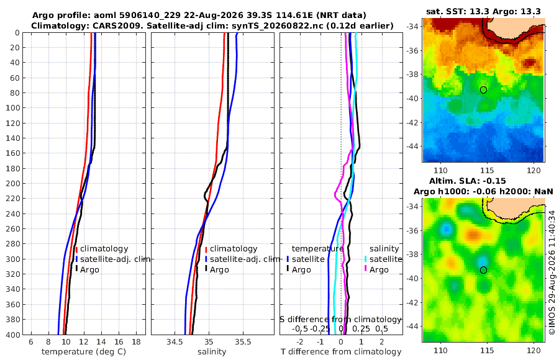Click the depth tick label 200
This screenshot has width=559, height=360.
click(13, 183)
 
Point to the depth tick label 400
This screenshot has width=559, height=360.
click(13, 335)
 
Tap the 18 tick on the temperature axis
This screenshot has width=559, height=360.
click(136, 342)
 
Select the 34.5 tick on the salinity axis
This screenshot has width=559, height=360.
click(174, 342)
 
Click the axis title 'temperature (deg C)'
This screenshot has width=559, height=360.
click(84, 352)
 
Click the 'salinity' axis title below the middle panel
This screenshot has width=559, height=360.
click(212, 352)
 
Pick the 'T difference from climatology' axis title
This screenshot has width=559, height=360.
click(341, 352)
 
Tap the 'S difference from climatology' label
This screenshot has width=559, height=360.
click(341, 319)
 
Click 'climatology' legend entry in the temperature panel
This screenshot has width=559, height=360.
click(104, 249)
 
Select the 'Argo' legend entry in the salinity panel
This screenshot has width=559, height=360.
click(219, 270)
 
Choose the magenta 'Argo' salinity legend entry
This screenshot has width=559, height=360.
click(379, 270)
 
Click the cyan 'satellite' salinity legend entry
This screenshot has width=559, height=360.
click(386, 259)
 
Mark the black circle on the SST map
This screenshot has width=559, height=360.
click(483, 90)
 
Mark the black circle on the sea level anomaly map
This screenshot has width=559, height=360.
click(483, 270)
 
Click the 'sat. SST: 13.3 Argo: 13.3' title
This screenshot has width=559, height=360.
click(483, 11)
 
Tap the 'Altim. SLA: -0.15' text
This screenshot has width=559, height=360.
click(467, 181)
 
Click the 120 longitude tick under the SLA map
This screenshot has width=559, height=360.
click(534, 350)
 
